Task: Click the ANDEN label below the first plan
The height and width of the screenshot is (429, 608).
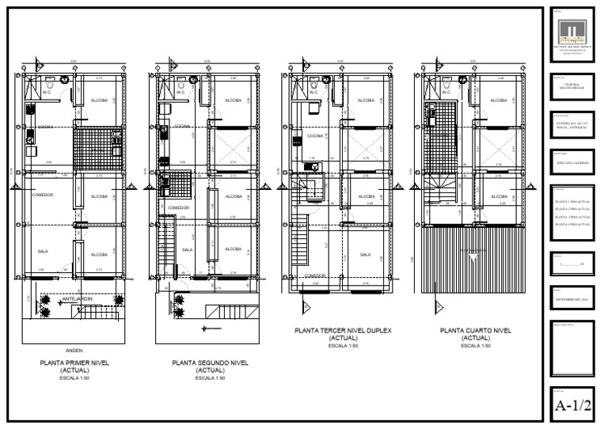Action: pyautogui.click(x=74, y=349)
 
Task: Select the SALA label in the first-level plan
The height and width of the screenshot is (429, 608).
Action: pyautogui.click(x=43, y=252)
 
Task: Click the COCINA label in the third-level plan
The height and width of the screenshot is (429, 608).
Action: pyautogui.click(x=317, y=136)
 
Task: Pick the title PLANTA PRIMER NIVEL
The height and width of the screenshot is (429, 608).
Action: pyautogui.click(x=74, y=363)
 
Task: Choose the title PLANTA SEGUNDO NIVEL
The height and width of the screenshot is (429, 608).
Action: pyautogui.click(x=210, y=363)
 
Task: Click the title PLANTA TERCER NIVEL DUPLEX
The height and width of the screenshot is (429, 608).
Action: pyautogui.click(x=343, y=331)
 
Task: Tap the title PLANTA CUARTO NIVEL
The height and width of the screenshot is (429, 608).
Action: pyautogui.click(x=475, y=331)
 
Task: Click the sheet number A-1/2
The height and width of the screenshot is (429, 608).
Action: pyautogui.click(x=572, y=406)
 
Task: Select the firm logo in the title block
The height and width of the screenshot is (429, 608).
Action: pyautogui.click(x=572, y=31)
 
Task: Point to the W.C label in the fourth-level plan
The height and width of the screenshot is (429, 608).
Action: pyautogui.click(x=446, y=92)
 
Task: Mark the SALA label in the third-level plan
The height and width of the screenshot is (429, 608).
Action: pyautogui.click(x=366, y=255)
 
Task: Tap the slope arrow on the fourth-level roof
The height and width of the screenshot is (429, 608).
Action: pyautogui.click(x=473, y=257)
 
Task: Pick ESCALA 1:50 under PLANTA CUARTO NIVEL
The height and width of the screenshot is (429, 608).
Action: pyautogui.click(x=475, y=346)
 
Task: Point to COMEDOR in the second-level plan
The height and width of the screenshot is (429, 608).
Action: pyautogui.click(x=178, y=207)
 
